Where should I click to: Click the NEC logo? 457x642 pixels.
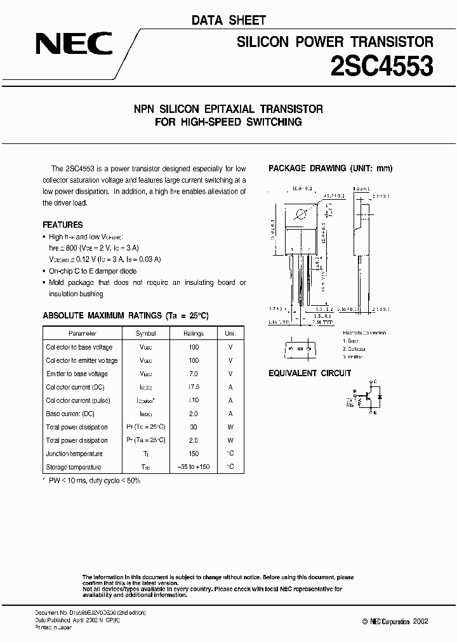click(x=74, y=44)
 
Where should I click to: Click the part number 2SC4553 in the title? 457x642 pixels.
click(x=382, y=65)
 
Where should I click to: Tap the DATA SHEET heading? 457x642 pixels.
click(x=228, y=21)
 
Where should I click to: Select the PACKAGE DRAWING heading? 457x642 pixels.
click(x=331, y=168)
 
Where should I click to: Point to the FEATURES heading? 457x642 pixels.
click(x=62, y=225)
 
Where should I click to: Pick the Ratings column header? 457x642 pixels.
click(x=194, y=333)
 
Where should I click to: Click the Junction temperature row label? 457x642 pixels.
click(x=74, y=454)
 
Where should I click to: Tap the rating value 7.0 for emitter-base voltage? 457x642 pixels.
click(x=194, y=374)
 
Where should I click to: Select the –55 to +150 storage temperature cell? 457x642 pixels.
click(x=194, y=467)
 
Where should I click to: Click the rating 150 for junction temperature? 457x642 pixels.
click(x=194, y=454)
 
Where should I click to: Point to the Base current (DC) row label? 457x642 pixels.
click(x=71, y=414)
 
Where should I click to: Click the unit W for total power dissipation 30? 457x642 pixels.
click(x=230, y=427)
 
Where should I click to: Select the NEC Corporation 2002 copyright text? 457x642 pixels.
click(x=395, y=622)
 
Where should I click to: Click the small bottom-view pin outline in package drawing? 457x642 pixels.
click(x=298, y=349)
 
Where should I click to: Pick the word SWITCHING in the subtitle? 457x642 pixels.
click(x=275, y=122)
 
